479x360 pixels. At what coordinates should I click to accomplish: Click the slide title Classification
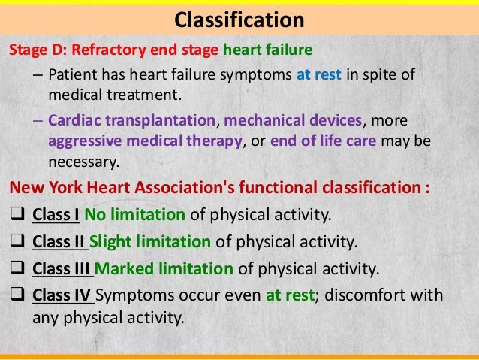[239, 18]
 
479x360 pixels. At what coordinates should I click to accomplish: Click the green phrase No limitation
[134, 217]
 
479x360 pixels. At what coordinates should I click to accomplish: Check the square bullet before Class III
[17, 268]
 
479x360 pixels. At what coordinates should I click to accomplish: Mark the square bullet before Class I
[17, 217]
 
